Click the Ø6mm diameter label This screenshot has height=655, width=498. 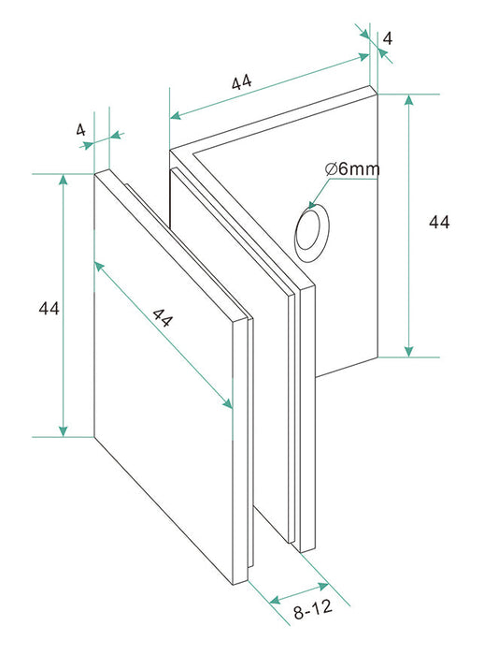(x=352, y=169)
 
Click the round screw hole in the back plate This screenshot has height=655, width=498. (x=312, y=233)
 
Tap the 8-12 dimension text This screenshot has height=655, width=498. (x=313, y=611)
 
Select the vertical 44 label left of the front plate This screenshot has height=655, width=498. (x=49, y=309)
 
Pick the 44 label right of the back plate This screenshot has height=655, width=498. (x=439, y=222)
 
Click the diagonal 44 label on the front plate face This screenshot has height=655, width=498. (x=163, y=318)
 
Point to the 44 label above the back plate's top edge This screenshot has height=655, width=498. (x=242, y=82)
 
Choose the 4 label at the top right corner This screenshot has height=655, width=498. (x=388, y=38)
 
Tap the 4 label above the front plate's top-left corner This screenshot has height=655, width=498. (x=80, y=129)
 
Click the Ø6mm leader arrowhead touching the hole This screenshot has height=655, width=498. (x=312, y=204)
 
